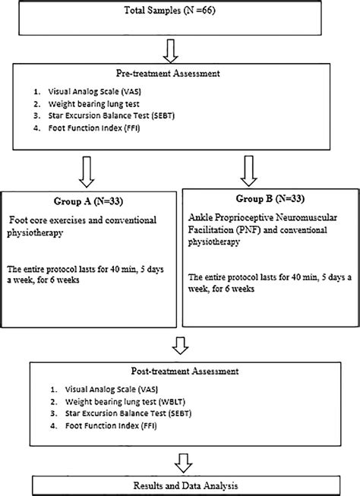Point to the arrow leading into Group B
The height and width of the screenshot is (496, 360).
coord(245,170)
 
